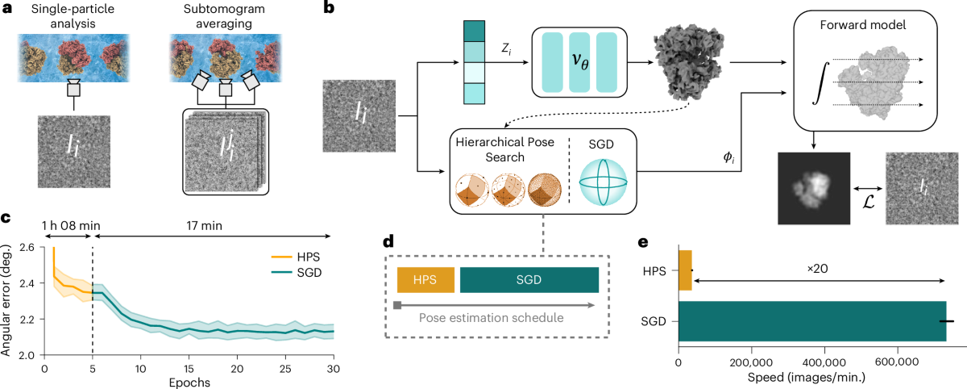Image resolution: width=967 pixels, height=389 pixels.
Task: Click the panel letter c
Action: (6, 219)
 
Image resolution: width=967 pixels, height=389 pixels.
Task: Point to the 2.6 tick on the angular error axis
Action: (30, 248)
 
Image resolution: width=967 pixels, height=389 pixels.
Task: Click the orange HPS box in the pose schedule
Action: (425, 280)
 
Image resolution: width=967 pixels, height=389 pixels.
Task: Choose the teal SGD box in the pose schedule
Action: (529, 280)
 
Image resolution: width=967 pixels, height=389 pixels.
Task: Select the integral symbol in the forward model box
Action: (819, 83)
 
